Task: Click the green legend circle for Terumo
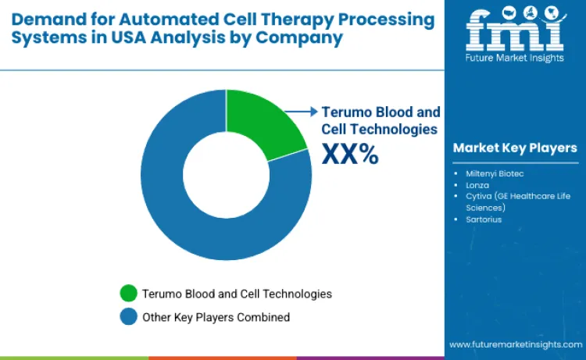coord(128,294)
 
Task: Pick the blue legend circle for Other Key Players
coord(128,317)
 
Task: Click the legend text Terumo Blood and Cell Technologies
coord(237,294)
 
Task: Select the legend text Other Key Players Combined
coord(216,317)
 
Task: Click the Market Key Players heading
coord(515,148)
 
